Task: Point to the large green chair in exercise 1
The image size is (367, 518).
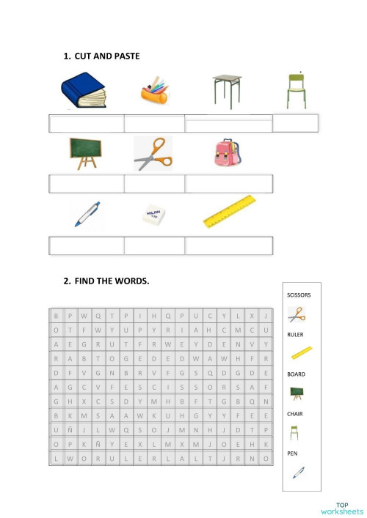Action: [x=296, y=91]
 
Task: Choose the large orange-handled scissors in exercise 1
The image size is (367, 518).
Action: [x=153, y=154]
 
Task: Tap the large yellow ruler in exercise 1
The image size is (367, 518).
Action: [x=229, y=210]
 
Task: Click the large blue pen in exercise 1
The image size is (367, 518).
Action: [x=87, y=213]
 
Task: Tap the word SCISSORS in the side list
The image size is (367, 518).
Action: [x=299, y=295]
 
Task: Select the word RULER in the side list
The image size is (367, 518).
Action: [x=295, y=335]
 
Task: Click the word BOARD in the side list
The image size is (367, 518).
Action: [x=296, y=374]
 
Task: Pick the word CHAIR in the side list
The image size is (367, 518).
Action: [x=295, y=414]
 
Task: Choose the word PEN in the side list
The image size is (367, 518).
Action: [x=292, y=454]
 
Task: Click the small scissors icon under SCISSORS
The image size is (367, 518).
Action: [x=297, y=315]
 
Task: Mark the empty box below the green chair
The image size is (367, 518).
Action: [x=295, y=123]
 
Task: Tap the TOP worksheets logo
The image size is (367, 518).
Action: [x=341, y=508]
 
